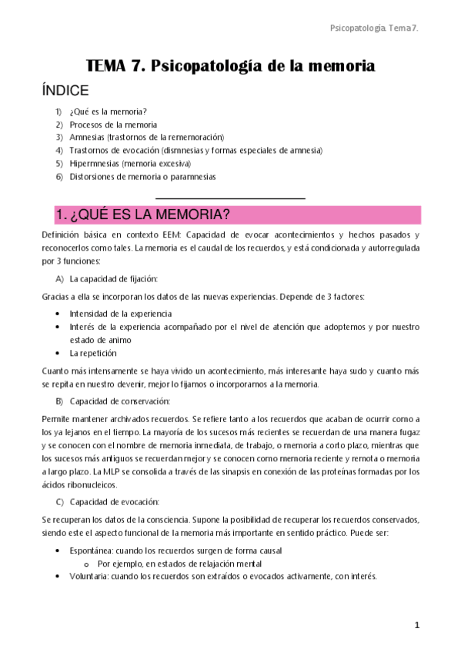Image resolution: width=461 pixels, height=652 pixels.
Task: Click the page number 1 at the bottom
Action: [x=416, y=626]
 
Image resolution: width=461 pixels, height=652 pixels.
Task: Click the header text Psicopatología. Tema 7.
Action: [x=379, y=28]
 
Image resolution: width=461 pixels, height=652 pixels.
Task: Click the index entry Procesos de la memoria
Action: [x=113, y=124]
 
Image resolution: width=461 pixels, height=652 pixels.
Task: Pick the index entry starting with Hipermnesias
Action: [x=129, y=163]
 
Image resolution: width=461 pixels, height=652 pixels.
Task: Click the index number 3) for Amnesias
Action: [x=59, y=137]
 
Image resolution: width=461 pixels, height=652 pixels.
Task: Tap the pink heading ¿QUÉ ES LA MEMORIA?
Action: [x=142, y=214]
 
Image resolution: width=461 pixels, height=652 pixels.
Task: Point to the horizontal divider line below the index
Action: [x=230, y=198]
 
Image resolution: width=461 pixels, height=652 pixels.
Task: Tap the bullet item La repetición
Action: [x=93, y=353]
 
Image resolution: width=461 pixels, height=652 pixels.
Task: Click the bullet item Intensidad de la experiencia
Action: [x=120, y=314]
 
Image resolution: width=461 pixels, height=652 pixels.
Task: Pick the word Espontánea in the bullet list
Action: [x=91, y=551]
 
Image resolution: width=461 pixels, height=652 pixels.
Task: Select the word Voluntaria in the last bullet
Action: [x=89, y=576]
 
